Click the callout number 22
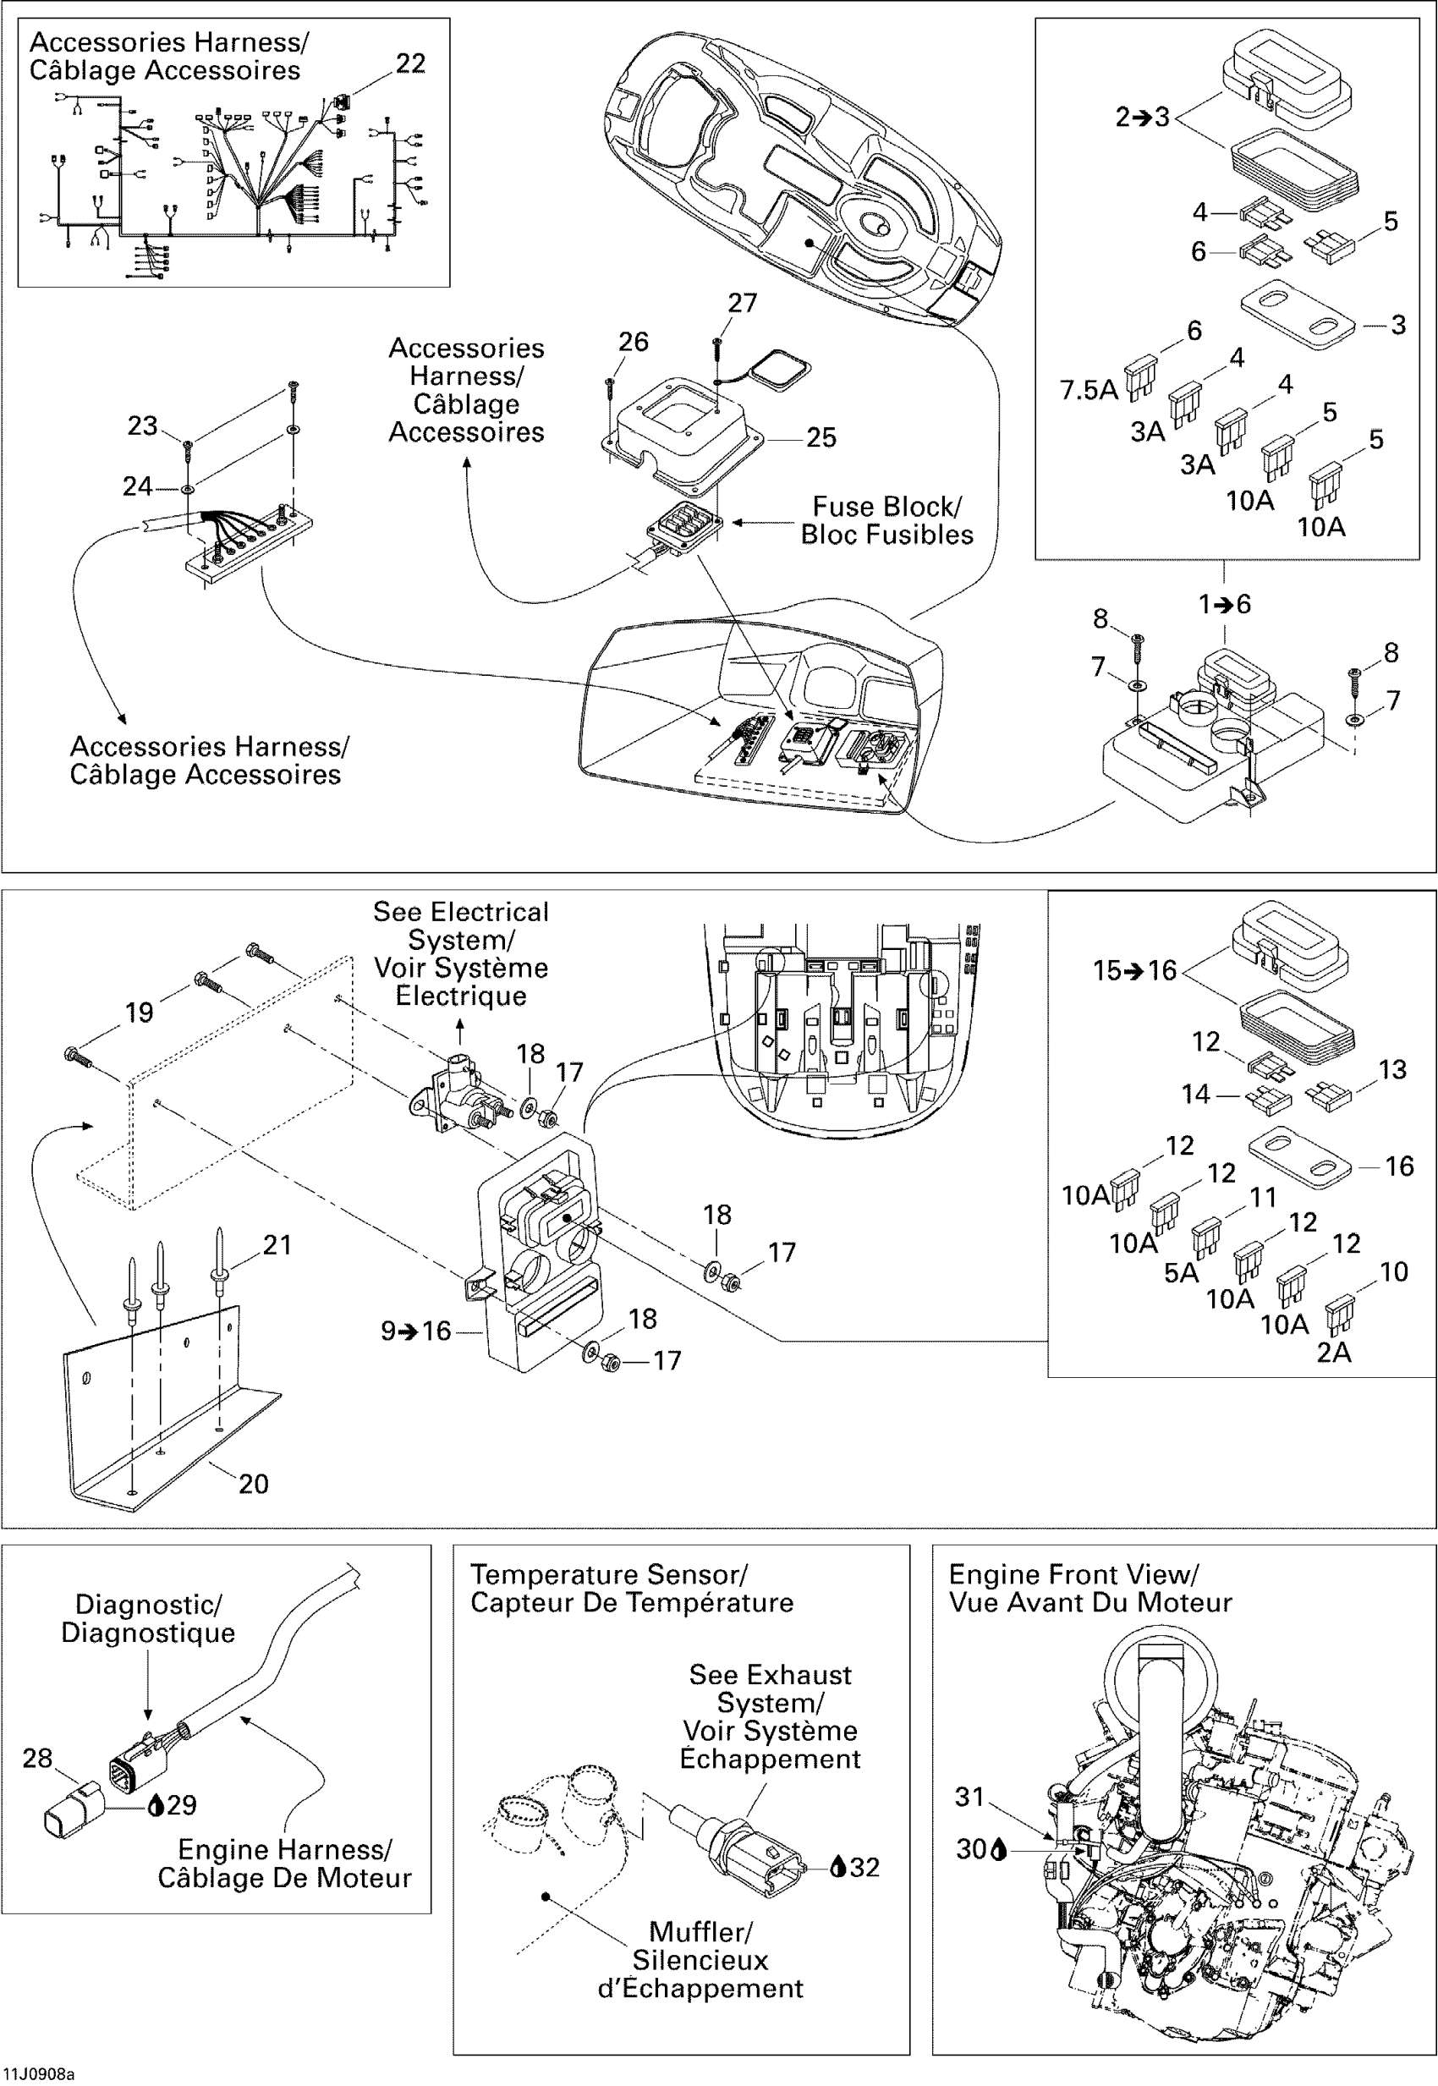click(411, 64)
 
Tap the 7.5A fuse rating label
click(1089, 390)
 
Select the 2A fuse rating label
click(1333, 1353)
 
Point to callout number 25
click(821, 438)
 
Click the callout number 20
click(253, 1484)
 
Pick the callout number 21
click(277, 1245)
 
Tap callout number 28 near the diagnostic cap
click(37, 1758)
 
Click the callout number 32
click(864, 1867)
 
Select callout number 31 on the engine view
click(969, 1797)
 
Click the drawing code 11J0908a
click(39, 2073)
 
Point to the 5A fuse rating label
click(1181, 1273)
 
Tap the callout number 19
click(139, 1013)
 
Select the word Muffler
click(700, 1932)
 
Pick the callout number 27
click(743, 304)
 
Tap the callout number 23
click(142, 425)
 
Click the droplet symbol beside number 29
click(156, 1805)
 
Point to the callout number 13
click(1392, 1069)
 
